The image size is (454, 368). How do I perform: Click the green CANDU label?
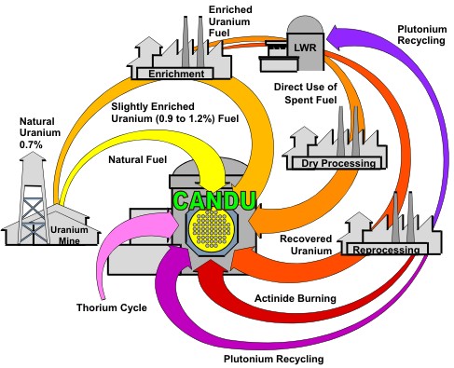215,201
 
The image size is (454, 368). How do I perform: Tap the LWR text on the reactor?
305,48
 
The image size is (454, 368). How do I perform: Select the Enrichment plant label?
176,74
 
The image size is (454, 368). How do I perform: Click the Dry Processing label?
338,163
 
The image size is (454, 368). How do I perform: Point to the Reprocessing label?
386,250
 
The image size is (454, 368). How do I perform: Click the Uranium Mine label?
69,235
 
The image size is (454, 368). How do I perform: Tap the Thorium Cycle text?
112,307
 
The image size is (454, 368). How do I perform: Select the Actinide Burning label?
296,298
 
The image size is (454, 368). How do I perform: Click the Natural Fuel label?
137,159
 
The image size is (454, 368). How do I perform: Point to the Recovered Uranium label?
306,245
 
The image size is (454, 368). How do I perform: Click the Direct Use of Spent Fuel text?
306,93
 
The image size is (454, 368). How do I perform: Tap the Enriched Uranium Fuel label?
230,21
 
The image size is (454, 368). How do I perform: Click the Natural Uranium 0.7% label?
40,133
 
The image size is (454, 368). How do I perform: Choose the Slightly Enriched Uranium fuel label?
175,113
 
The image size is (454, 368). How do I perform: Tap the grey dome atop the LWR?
305,24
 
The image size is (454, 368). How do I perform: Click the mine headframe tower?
33,198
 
